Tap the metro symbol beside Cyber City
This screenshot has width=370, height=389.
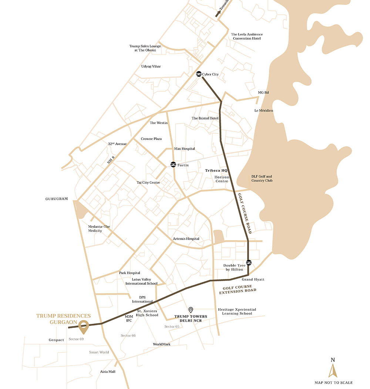point(199,74)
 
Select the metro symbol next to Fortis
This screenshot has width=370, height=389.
point(173,165)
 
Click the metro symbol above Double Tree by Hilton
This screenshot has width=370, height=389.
point(249,262)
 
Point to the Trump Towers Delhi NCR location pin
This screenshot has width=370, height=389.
point(191,310)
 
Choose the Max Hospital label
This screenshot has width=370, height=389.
point(184,149)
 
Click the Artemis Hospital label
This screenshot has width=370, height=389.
point(186,239)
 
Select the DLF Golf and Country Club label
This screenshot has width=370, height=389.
point(262,179)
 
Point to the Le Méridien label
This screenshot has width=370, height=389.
point(263,110)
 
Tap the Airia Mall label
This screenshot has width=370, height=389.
point(108,372)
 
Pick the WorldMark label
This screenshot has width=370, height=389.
point(162,344)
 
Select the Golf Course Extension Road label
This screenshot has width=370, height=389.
point(237,289)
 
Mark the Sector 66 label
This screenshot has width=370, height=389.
point(128,335)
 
